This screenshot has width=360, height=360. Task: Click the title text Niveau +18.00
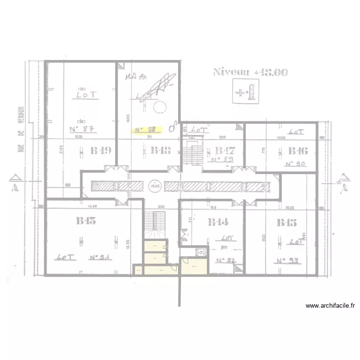pyautogui.click(x=250, y=72)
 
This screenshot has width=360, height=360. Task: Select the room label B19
pyautogui.click(x=101, y=151)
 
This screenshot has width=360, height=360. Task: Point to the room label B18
pyautogui.click(x=161, y=151)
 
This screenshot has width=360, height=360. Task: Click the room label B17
pyautogui.click(x=224, y=151)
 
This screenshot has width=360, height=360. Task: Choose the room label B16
pyautogui.click(x=298, y=151)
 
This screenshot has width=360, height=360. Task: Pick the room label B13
pyautogui.click(x=86, y=221)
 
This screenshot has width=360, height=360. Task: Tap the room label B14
pyautogui.click(x=218, y=222)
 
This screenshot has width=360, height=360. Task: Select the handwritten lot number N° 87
pyautogui.click(x=81, y=129)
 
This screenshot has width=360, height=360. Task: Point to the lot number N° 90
pyautogui.click(x=296, y=164)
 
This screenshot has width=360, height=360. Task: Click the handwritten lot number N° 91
pyautogui.click(x=100, y=257)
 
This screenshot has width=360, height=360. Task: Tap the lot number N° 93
pyautogui.click(x=288, y=261)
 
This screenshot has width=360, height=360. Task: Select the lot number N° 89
pyautogui.click(x=222, y=160)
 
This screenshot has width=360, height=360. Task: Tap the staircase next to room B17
pyautogui.click(x=193, y=154)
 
